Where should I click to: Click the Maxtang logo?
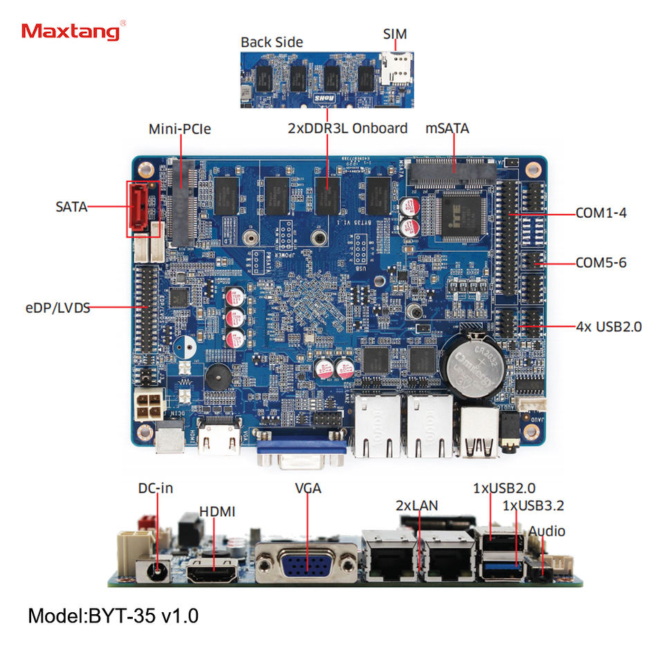tap(73, 31)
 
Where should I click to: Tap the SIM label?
tap(395, 34)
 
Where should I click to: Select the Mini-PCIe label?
tap(180, 129)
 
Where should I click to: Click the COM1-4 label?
tap(601, 213)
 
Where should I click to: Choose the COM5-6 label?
tap(601, 263)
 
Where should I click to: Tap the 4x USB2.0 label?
tap(609, 325)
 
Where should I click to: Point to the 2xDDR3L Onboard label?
tap(348, 129)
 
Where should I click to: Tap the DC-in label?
tap(155, 488)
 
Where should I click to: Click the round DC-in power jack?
tap(159, 569)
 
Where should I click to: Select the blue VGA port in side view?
tap(307, 562)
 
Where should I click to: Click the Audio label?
tap(547, 531)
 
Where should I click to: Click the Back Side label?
tap(272, 42)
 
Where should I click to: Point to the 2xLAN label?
tap(416, 506)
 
